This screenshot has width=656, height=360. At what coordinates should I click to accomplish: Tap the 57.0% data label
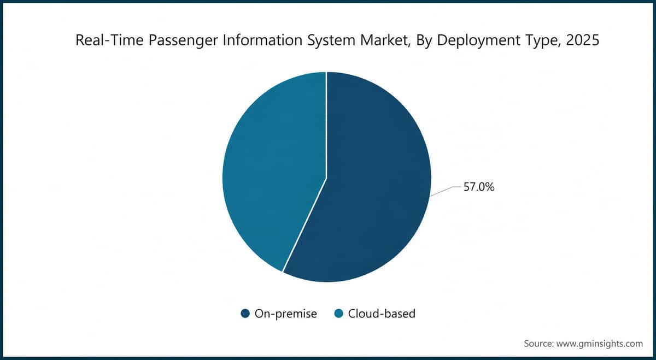(479, 187)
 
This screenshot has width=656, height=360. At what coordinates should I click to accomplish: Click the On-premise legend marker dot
(245, 314)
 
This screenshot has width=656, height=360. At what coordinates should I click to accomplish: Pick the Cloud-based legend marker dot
(338, 314)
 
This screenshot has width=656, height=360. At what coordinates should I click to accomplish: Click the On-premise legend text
(286, 314)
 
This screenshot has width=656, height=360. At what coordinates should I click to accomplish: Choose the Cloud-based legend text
(382, 314)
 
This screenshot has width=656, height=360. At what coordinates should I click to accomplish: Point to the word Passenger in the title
(183, 40)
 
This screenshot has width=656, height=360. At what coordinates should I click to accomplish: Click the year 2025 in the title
(583, 40)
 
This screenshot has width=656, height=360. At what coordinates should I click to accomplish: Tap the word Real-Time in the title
(109, 40)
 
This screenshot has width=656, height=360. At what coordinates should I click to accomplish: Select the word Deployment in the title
(478, 40)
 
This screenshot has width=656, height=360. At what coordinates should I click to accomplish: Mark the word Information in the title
(262, 40)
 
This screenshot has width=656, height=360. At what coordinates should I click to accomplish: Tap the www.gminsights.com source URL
(600, 344)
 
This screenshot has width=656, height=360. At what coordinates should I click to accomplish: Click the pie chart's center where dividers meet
(326, 178)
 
